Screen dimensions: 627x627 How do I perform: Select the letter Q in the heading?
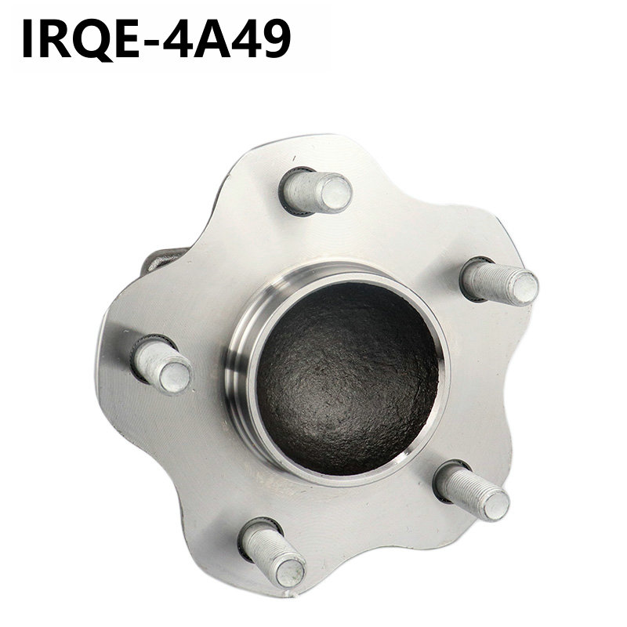[x=92, y=40]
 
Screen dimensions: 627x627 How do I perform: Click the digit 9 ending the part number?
[x=276, y=39]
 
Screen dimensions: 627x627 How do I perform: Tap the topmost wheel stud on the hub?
[x=316, y=192]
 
